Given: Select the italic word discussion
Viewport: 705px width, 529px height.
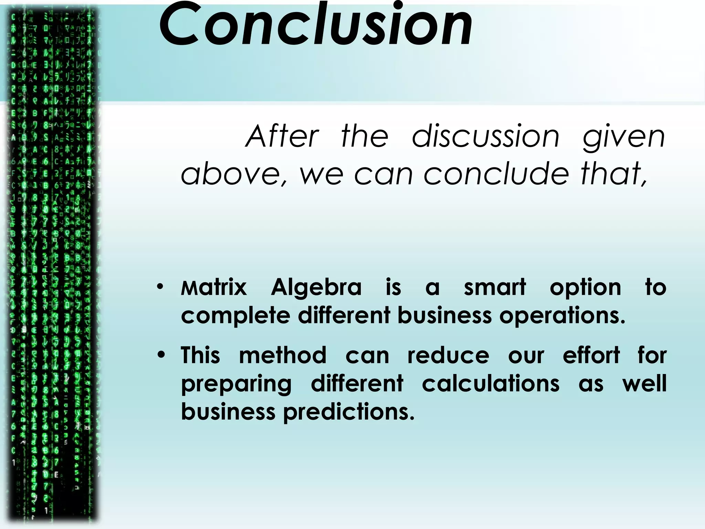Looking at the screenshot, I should click(x=485, y=136).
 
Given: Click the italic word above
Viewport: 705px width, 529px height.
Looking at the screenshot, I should click(x=231, y=174).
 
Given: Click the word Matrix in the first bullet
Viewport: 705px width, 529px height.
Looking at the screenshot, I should click(x=214, y=287).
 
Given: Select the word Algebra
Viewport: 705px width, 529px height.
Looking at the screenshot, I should click(x=316, y=287).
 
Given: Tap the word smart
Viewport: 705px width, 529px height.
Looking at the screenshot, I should click(x=495, y=287).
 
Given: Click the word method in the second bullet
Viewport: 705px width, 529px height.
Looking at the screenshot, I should click(x=283, y=355).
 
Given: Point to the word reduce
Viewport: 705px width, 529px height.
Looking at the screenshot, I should click(x=448, y=355).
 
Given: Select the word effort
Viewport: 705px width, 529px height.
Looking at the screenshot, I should click(x=591, y=355).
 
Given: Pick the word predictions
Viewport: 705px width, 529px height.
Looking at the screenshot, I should click(x=349, y=412).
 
